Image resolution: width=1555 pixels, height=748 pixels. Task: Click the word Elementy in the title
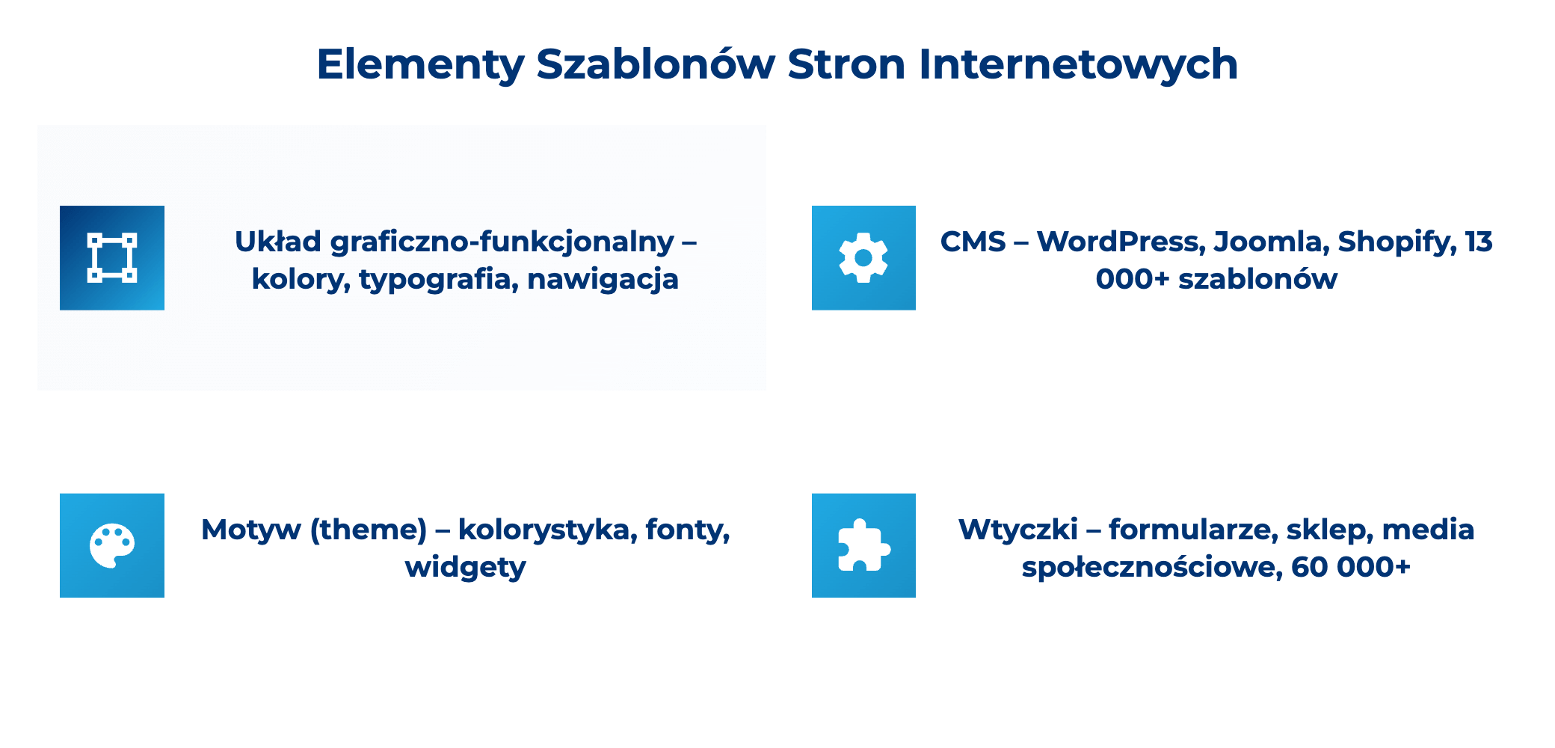pyautogui.click(x=420, y=65)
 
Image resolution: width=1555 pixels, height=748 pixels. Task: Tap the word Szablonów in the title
pyautogui.click(x=656, y=65)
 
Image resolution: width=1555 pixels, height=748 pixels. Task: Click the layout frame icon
pyautogui.click(x=112, y=258)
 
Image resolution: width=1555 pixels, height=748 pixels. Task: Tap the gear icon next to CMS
pyautogui.click(x=863, y=258)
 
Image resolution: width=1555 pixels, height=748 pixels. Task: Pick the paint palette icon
pyautogui.click(x=112, y=545)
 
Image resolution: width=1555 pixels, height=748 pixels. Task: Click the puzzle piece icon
pyautogui.click(x=863, y=545)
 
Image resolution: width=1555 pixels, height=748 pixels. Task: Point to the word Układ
pyautogui.click(x=277, y=242)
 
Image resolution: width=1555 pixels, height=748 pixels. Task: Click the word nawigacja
pyautogui.click(x=603, y=280)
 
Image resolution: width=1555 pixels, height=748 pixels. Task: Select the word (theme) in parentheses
pyautogui.click(x=368, y=530)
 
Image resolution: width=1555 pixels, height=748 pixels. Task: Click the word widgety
pyautogui.click(x=465, y=567)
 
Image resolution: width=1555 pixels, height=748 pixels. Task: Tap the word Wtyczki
pyautogui.click(x=1017, y=530)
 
